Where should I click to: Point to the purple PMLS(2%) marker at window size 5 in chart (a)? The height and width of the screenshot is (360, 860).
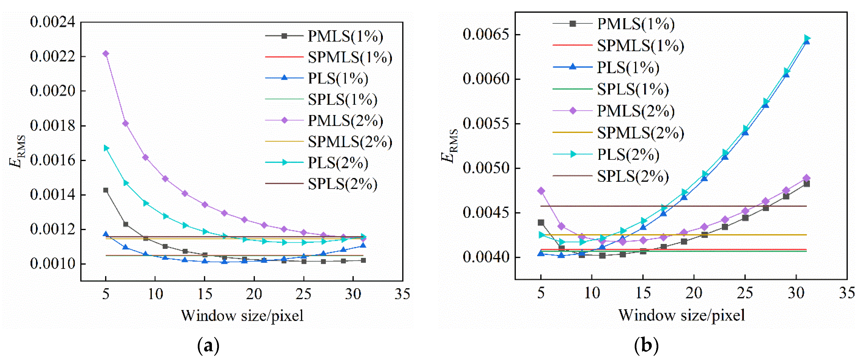pyautogui.click(x=106, y=54)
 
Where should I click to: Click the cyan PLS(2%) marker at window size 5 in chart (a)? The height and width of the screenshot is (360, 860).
pyautogui.click(x=106, y=148)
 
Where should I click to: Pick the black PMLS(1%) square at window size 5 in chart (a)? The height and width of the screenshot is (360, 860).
pyautogui.click(x=106, y=190)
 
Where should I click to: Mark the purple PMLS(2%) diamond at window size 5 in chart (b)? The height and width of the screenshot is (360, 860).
pyautogui.click(x=541, y=191)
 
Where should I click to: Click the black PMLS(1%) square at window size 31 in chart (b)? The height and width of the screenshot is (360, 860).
pyautogui.click(x=806, y=184)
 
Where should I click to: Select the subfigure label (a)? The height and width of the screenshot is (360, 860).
pyautogui.click(x=208, y=346)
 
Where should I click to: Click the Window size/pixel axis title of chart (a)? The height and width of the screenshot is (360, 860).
pyautogui.click(x=242, y=315)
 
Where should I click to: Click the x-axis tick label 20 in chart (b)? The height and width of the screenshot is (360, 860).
pyautogui.click(x=694, y=293)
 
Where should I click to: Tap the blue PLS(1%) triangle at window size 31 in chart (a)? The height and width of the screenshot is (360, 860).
pyautogui.click(x=363, y=245)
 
